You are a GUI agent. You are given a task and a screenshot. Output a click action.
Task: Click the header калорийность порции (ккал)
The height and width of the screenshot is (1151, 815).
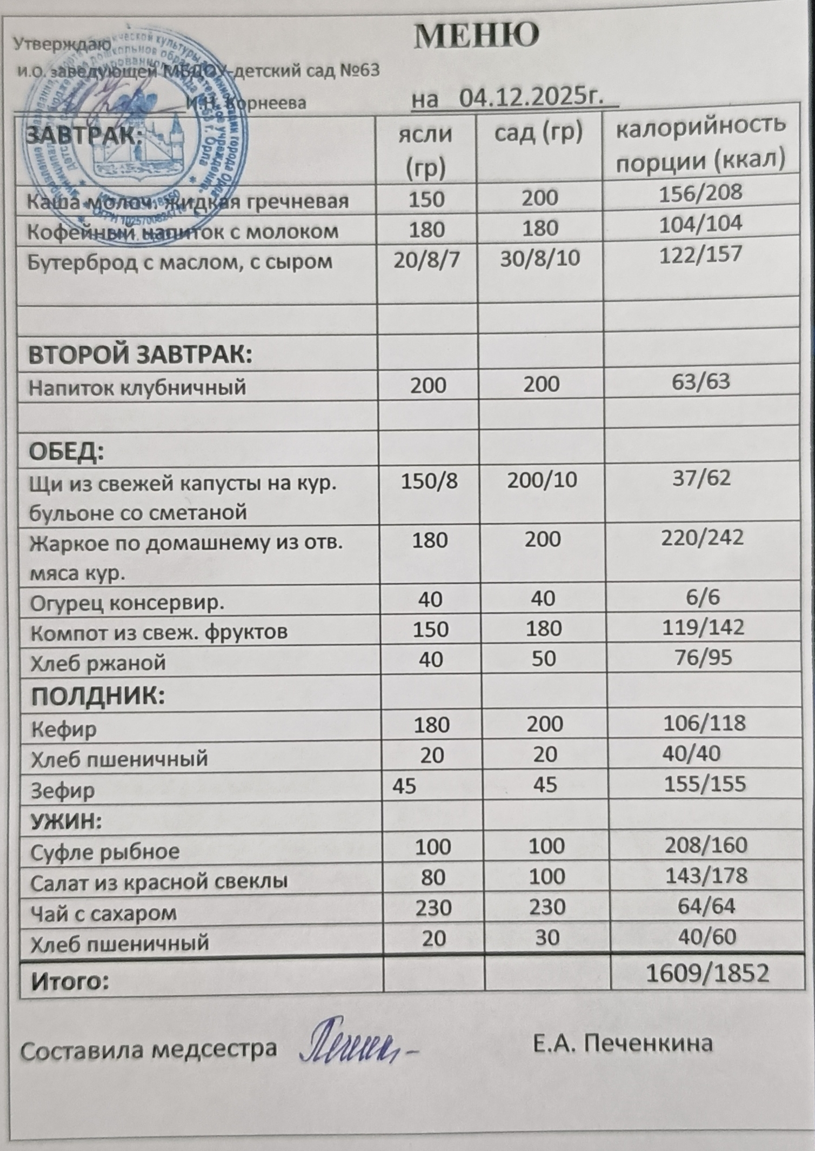700,143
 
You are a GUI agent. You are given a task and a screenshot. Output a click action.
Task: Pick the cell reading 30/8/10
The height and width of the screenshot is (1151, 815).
540,258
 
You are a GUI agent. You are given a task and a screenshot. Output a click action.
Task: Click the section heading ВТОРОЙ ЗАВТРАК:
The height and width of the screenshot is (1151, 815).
140,356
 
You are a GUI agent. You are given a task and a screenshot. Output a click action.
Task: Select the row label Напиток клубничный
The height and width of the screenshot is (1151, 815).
137,387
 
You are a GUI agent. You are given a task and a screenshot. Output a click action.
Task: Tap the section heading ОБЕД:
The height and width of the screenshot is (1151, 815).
66,451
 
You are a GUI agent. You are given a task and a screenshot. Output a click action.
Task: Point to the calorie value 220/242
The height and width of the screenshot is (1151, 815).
703,538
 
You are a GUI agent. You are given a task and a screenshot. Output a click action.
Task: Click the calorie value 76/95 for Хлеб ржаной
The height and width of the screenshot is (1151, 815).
704,658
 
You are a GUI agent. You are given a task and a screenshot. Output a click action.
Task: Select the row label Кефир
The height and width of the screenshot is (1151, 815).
64,730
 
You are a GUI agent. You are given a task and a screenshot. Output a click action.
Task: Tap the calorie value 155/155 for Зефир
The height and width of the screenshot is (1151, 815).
705,784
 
